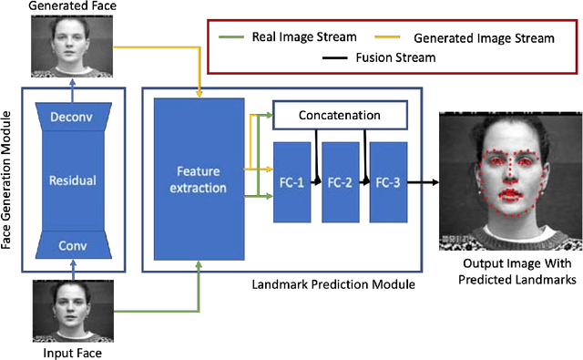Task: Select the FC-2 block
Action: coord(340,181)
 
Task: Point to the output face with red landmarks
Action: coord(509,180)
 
